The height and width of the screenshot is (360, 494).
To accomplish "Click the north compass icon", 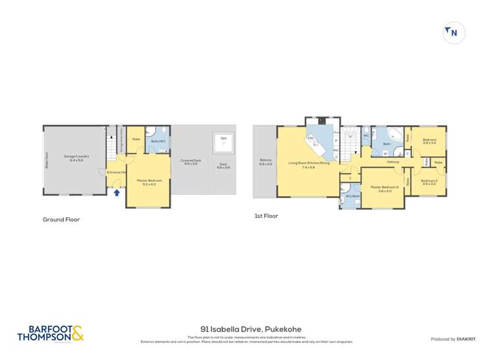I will click(454, 32).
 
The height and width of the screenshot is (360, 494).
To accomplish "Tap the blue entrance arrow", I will click(117, 193).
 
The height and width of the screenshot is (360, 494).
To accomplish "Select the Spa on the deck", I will click(223, 140).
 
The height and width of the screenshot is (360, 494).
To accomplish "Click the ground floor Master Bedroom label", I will click(146, 182).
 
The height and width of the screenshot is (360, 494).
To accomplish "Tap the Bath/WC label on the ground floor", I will click(158, 141).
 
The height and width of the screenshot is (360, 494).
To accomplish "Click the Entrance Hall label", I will click(117, 173).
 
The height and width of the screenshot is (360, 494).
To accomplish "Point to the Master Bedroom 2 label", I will click(385, 188).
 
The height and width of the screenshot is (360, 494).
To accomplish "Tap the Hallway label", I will click(393, 162).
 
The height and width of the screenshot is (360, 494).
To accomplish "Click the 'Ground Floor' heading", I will click(61, 219).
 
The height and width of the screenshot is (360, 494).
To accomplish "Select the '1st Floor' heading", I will click(266, 216).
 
